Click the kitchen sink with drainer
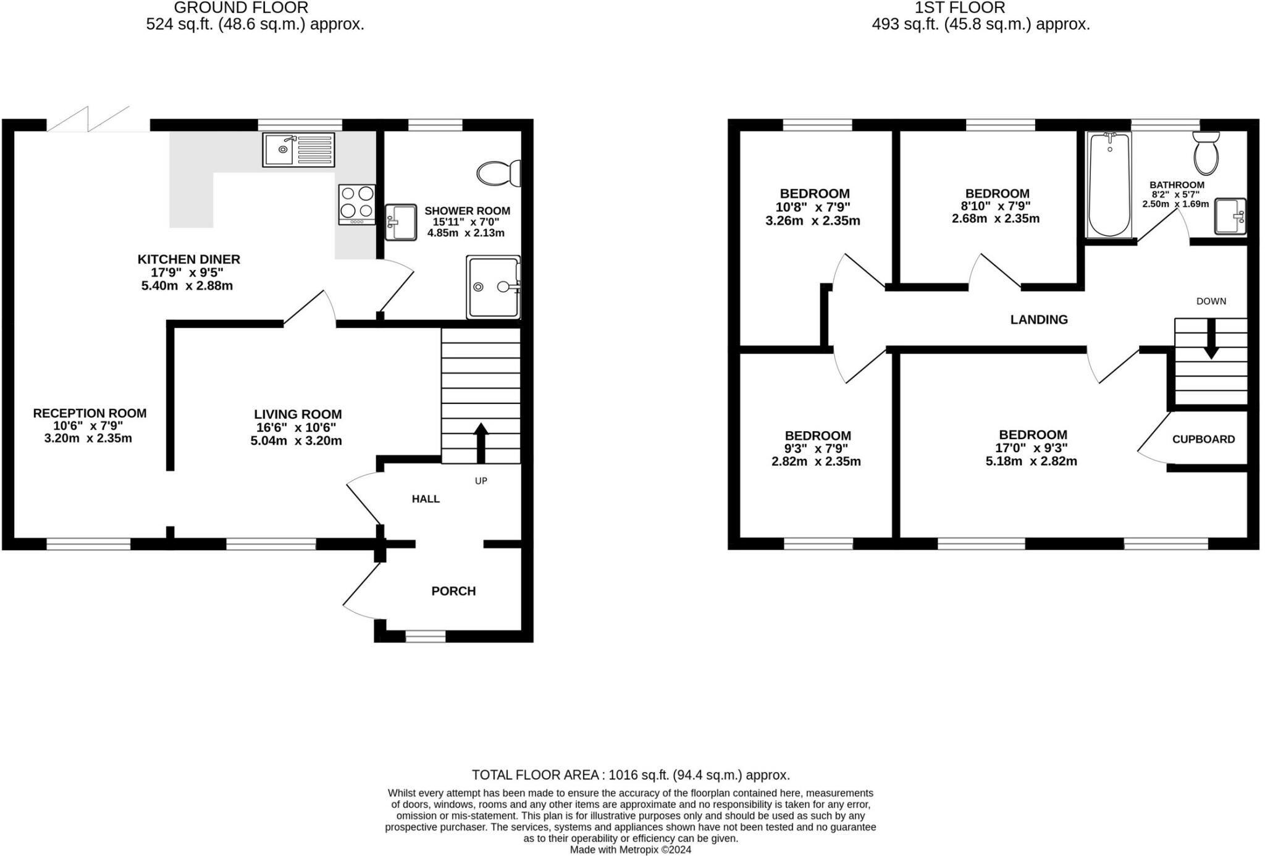pos(298,149)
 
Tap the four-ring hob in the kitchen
pos(356,204)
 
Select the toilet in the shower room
pos(498,173)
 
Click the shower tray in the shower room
pos(494,287)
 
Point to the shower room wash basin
pos(401,222)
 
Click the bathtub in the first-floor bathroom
pos(1109,185)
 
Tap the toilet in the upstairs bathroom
pos(1206,153)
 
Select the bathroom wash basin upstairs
pos(1230,216)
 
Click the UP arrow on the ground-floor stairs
pos(481,443)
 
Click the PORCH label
pos(453,591)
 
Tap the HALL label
pos(426,499)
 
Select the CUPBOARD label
pos(1204,439)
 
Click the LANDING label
pos(1039,319)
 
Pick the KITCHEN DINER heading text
pos(188,259)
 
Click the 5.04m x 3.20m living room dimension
pos(296,441)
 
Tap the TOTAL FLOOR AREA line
pos(631,775)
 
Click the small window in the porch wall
pos(426,636)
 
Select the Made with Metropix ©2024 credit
pos(631,850)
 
